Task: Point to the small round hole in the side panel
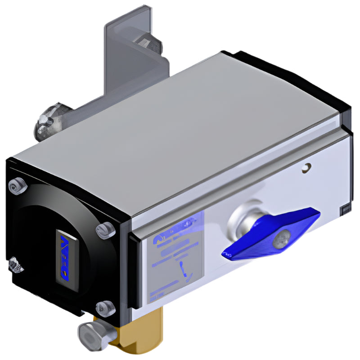(x=306, y=168)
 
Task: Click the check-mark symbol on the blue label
(x=184, y=270)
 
